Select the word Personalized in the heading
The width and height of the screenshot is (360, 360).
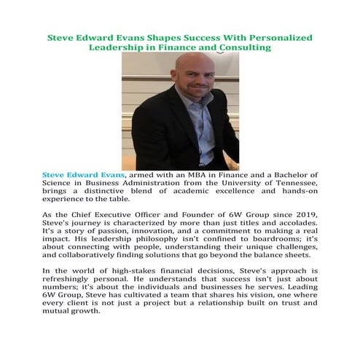277,36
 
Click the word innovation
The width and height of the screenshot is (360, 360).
166,229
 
